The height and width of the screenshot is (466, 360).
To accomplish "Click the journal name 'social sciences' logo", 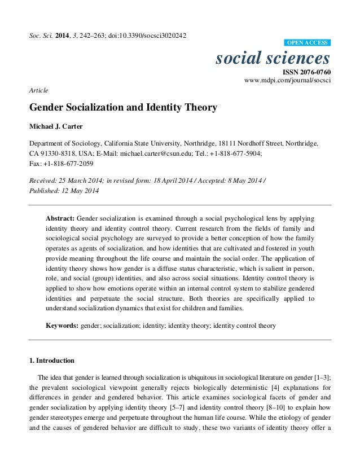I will [273, 58].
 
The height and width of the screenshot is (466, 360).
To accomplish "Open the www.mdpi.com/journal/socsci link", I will [287, 81].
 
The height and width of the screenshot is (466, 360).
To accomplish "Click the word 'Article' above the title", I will [39, 90].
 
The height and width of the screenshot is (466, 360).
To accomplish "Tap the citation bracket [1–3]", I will [322, 377].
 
